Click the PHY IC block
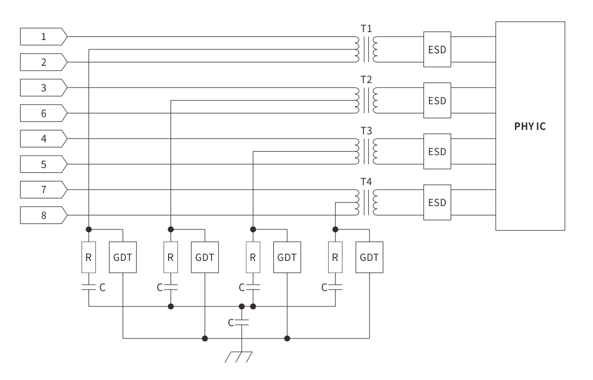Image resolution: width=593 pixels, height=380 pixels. pyautogui.click(x=530, y=126)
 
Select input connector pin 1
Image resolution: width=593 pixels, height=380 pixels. pyautogui.click(x=43, y=37)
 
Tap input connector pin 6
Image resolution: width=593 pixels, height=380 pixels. pyautogui.click(x=43, y=113)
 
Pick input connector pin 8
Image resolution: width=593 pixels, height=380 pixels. pyautogui.click(x=43, y=215)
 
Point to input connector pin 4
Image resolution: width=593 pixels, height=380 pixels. pyautogui.click(x=43, y=139)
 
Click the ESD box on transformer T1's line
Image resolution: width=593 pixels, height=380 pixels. pyautogui.click(x=437, y=49)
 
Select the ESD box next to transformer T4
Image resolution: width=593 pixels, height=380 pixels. pyautogui.click(x=437, y=202)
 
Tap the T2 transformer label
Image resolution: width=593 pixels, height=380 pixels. pyautogui.click(x=366, y=79)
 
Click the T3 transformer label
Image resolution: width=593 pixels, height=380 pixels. pyautogui.click(x=366, y=130)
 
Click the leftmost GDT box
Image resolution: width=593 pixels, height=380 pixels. pyautogui.click(x=123, y=257)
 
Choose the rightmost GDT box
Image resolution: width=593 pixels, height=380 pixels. pyautogui.click(x=369, y=257)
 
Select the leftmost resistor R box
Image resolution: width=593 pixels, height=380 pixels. pyautogui.click(x=89, y=257)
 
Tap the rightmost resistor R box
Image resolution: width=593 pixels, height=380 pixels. pyautogui.click(x=336, y=257)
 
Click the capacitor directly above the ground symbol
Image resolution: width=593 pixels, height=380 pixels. pyautogui.click(x=241, y=323)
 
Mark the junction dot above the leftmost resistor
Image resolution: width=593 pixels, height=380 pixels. pyautogui.click(x=89, y=229)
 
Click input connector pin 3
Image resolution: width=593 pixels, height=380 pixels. pyautogui.click(x=43, y=88)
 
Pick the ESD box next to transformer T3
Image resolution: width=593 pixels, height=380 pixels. pyautogui.click(x=437, y=151)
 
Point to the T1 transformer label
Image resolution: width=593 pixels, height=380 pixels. pyautogui.click(x=366, y=28)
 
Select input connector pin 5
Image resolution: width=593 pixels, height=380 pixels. pyautogui.click(x=43, y=164)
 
